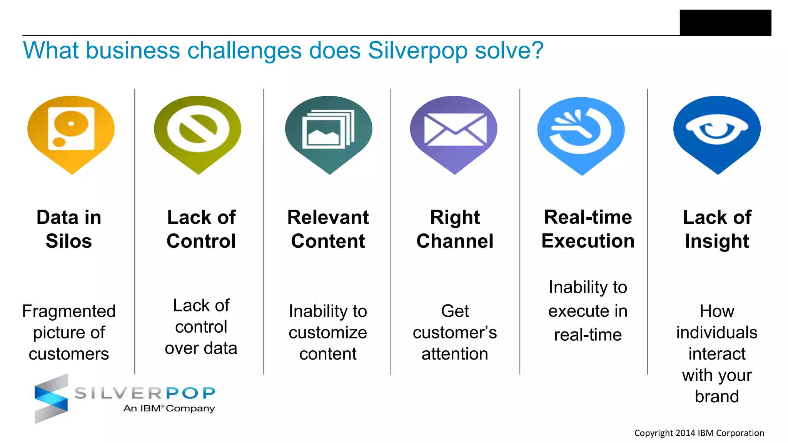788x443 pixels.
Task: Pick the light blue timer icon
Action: click(x=581, y=131)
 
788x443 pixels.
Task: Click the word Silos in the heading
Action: click(x=69, y=241)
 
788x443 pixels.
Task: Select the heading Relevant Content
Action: click(x=328, y=229)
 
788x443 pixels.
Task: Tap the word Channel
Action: click(x=455, y=241)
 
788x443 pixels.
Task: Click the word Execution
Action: click(x=588, y=241)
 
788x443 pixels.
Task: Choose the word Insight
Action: click(x=717, y=241)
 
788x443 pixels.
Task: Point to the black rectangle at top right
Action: click(x=725, y=22)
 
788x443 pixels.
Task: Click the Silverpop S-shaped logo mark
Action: click(x=51, y=399)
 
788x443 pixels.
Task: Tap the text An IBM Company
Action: click(x=169, y=408)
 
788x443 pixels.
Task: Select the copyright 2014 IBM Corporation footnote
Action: click(x=699, y=433)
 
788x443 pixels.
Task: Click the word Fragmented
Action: click(x=69, y=311)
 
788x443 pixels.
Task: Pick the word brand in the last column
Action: click(x=717, y=396)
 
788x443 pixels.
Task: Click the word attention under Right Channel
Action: click(x=455, y=354)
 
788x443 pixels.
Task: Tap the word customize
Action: click(x=328, y=333)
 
